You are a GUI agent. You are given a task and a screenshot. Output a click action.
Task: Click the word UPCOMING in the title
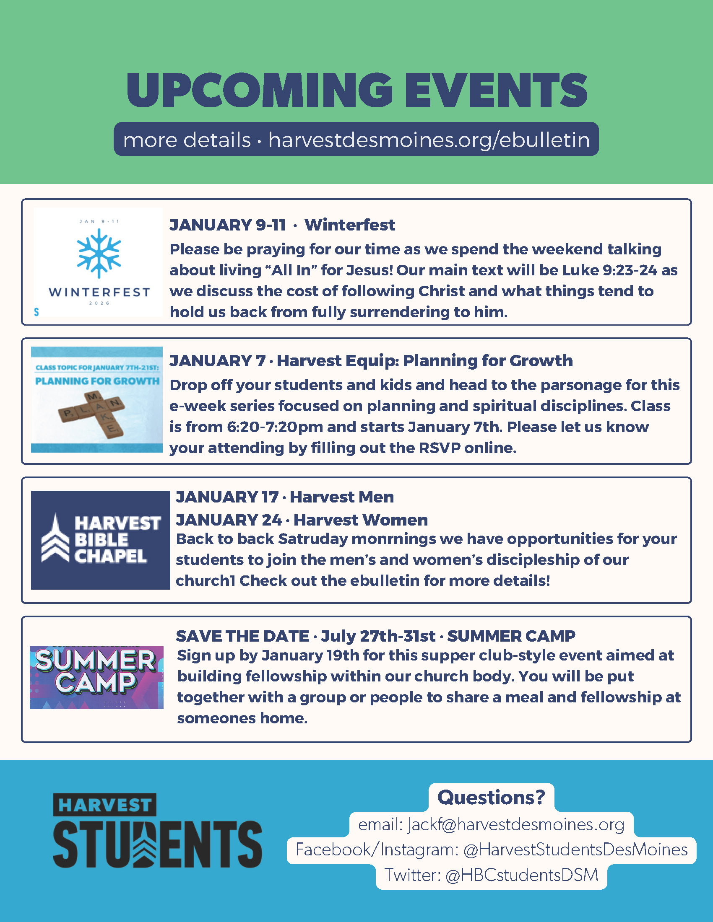pyautogui.click(x=259, y=90)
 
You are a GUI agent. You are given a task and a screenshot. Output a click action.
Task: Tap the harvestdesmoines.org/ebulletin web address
pyautogui.click(x=429, y=140)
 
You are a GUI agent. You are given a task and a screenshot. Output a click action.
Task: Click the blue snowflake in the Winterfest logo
pyautogui.click(x=99, y=253)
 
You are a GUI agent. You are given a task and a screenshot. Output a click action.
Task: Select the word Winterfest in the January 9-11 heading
pyautogui.click(x=350, y=225)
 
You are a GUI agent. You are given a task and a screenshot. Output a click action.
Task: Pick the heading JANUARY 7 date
pyautogui.click(x=218, y=361)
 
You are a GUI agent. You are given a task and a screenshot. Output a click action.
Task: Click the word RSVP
pyautogui.click(x=439, y=448)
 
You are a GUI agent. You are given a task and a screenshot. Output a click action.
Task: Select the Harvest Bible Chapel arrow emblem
pyautogui.click(x=55, y=537)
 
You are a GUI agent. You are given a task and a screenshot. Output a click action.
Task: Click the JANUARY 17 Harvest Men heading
pyautogui.click(x=285, y=497)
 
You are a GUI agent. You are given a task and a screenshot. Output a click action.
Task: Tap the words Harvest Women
pyautogui.click(x=361, y=520)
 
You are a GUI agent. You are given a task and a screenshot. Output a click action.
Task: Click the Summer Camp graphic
pyautogui.click(x=96, y=677)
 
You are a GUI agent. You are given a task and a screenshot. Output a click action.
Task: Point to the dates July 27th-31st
pyautogui.click(x=378, y=636)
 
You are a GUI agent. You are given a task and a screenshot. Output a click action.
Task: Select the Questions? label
pyautogui.click(x=491, y=797)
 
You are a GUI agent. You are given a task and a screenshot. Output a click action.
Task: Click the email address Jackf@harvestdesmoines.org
pyautogui.click(x=516, y=824)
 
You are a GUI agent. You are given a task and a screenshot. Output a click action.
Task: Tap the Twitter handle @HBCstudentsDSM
pyautogui.click(x=522, y=875)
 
